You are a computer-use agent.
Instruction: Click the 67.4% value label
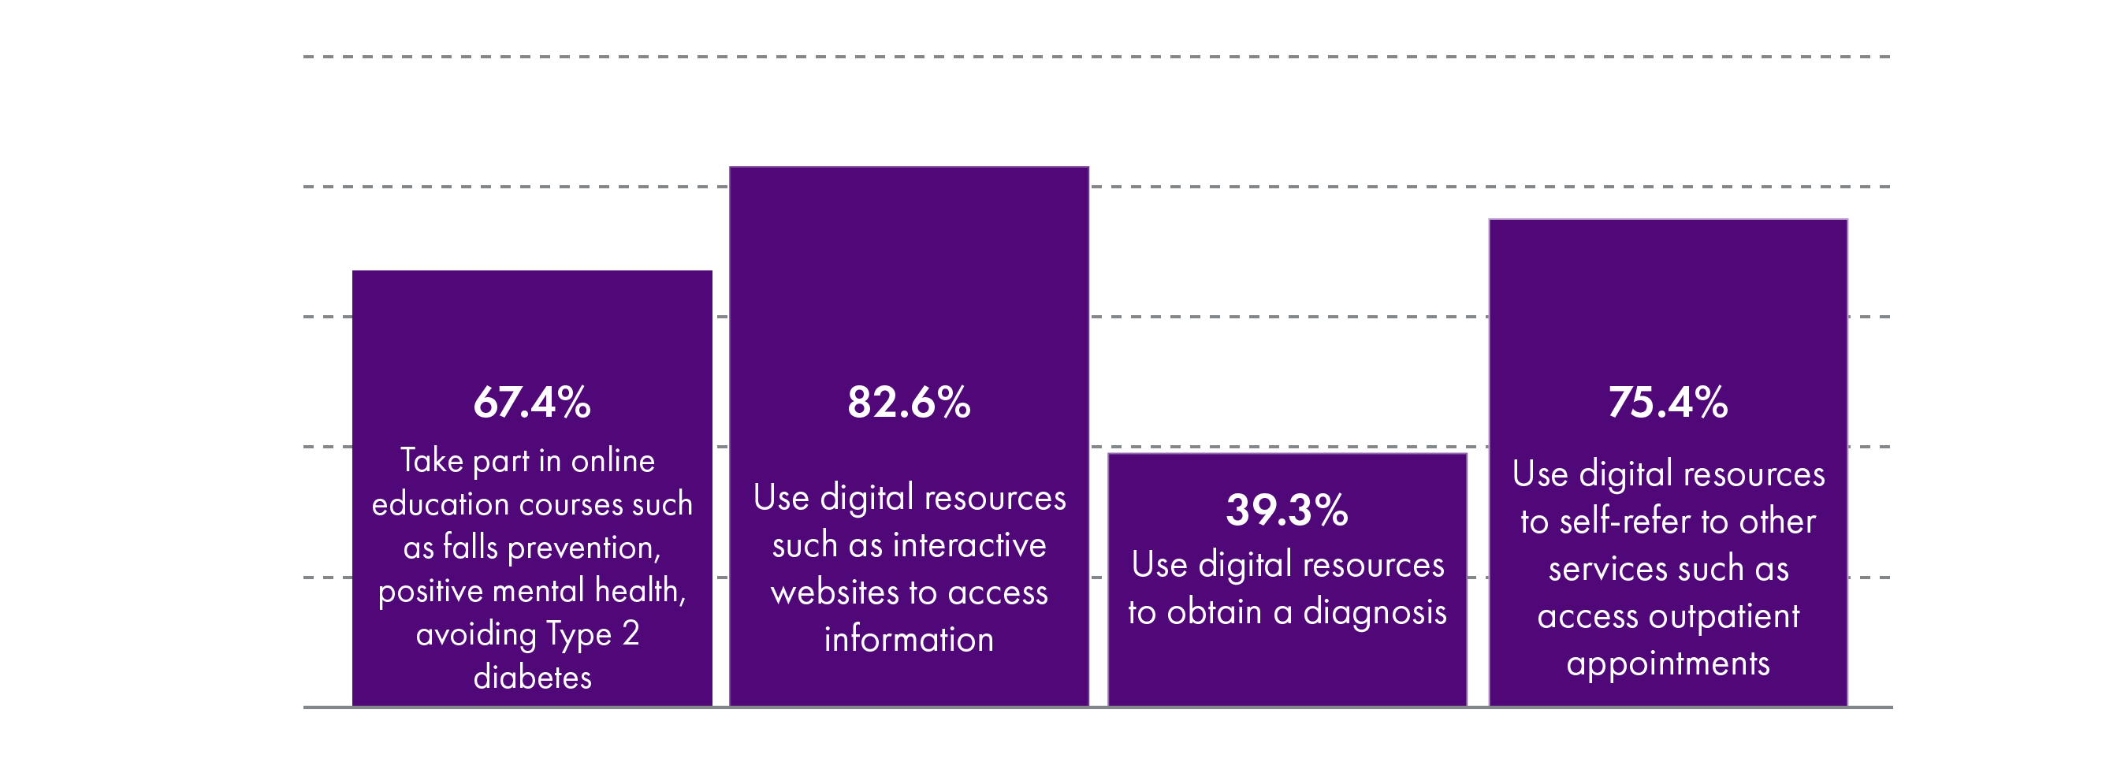click(x=532, y=403)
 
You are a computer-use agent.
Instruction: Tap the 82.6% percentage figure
click(x=909, y=403)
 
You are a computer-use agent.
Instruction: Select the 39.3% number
click(x=1287, y=511)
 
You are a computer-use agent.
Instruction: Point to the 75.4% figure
click(x=1668, y=403)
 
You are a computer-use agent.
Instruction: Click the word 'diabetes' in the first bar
click(x=532, y=678)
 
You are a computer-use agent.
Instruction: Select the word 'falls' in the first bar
click(x=470, y=548)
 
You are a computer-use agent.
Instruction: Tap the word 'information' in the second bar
click(x=909, y=641)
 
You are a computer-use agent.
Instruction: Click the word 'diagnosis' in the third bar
click(x=1375, y=613)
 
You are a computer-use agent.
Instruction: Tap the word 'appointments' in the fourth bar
click(x=1668, y=664)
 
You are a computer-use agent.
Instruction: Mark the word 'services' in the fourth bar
click(x=1604, y=570)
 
